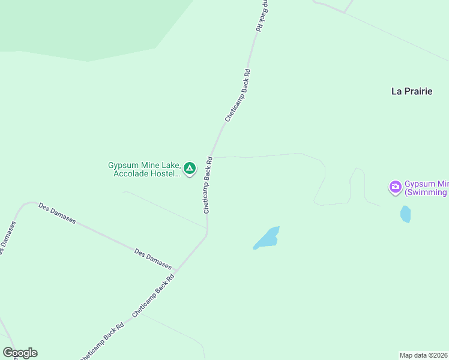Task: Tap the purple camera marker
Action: [x=395, y=187]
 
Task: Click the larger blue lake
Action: [x=267, y=238]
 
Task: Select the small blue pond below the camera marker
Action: [x=406, y=214]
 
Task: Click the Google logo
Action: [x=20, y=353]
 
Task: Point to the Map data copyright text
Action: [x=424, y=355]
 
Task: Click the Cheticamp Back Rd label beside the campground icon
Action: [x=208, y=185]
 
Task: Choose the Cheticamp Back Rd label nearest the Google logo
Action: [x=102, y=340]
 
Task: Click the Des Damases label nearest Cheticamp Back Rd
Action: [x=153, y=259]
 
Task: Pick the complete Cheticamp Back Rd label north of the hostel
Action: [x=238, y=95]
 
